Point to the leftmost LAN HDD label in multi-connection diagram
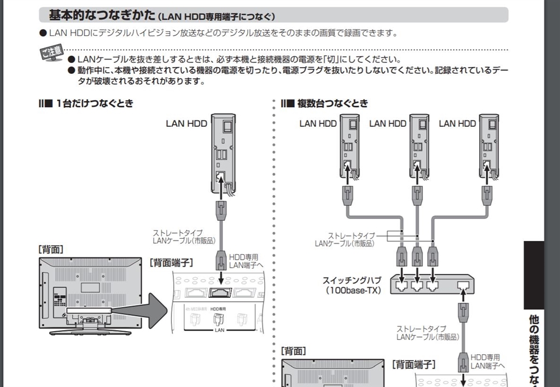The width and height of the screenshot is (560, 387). tap(318, 124)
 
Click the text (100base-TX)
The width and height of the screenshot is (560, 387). tap(354, 291)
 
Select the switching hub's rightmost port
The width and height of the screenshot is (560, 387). tap(464, 284)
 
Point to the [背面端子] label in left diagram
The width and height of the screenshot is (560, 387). tap(171, 263)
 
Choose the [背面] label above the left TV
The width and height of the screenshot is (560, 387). tap(51, 249)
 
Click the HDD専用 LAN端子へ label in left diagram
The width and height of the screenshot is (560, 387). tap(243, 261)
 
